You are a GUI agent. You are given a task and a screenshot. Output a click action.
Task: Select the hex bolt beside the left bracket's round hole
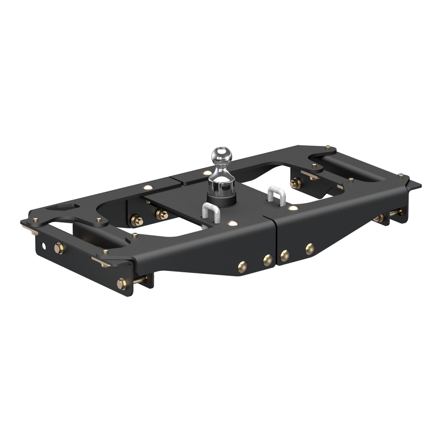59,246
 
